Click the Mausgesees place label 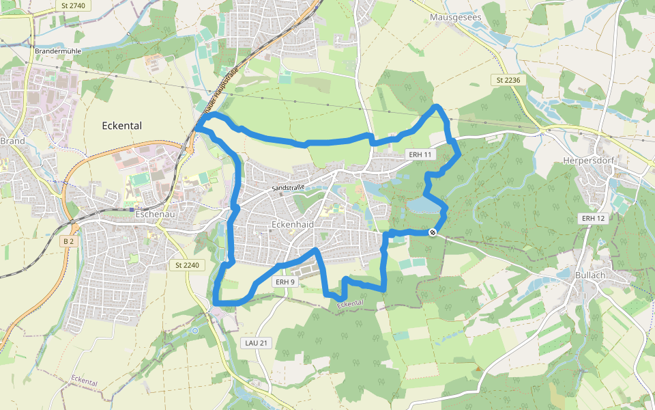456,16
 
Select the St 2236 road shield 508,80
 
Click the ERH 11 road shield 420,154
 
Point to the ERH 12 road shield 593,218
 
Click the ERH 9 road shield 286,282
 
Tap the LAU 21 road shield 257,342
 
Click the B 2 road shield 68,241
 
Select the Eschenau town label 156,213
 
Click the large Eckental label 121,126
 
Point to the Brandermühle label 57,51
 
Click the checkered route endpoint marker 433,233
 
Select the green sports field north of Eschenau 141,179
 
